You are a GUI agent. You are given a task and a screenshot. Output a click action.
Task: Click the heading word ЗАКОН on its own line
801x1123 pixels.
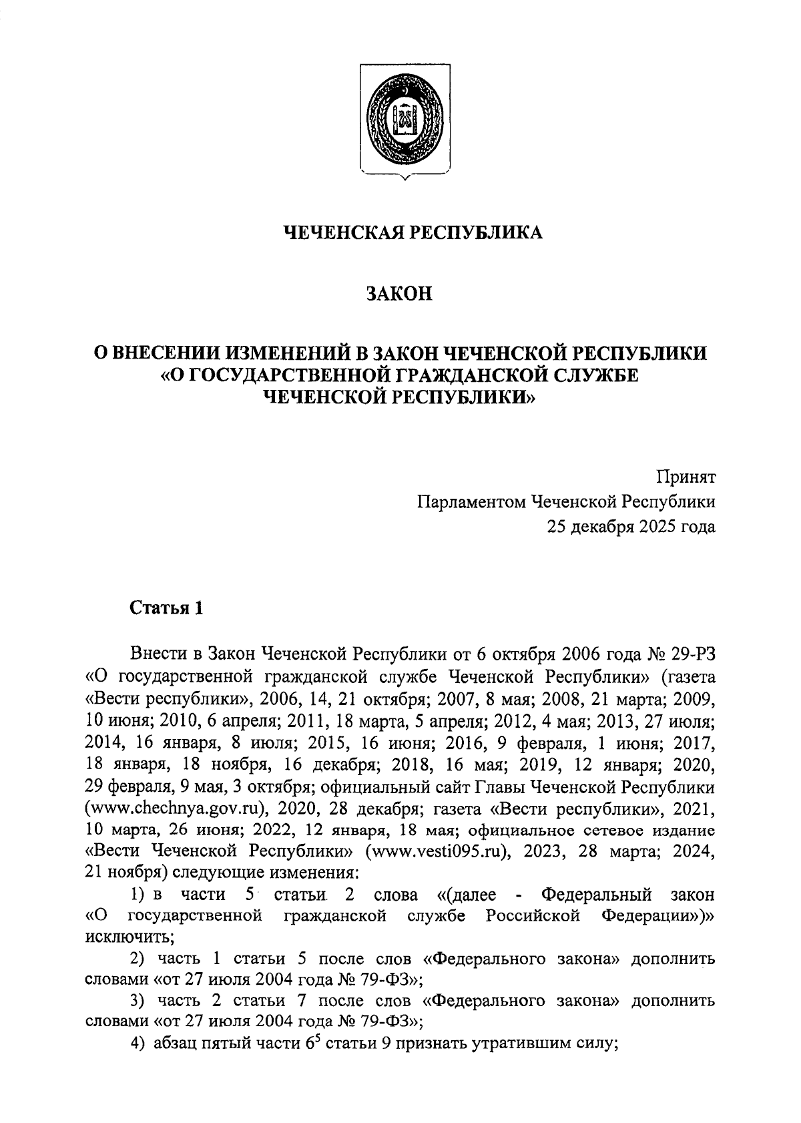400,294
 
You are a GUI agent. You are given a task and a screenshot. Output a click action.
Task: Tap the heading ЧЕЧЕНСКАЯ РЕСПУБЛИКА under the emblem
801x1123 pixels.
414,232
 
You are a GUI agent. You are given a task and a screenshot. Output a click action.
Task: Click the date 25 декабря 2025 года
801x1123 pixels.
631,527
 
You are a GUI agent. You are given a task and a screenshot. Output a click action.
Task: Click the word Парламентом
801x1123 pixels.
471,502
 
